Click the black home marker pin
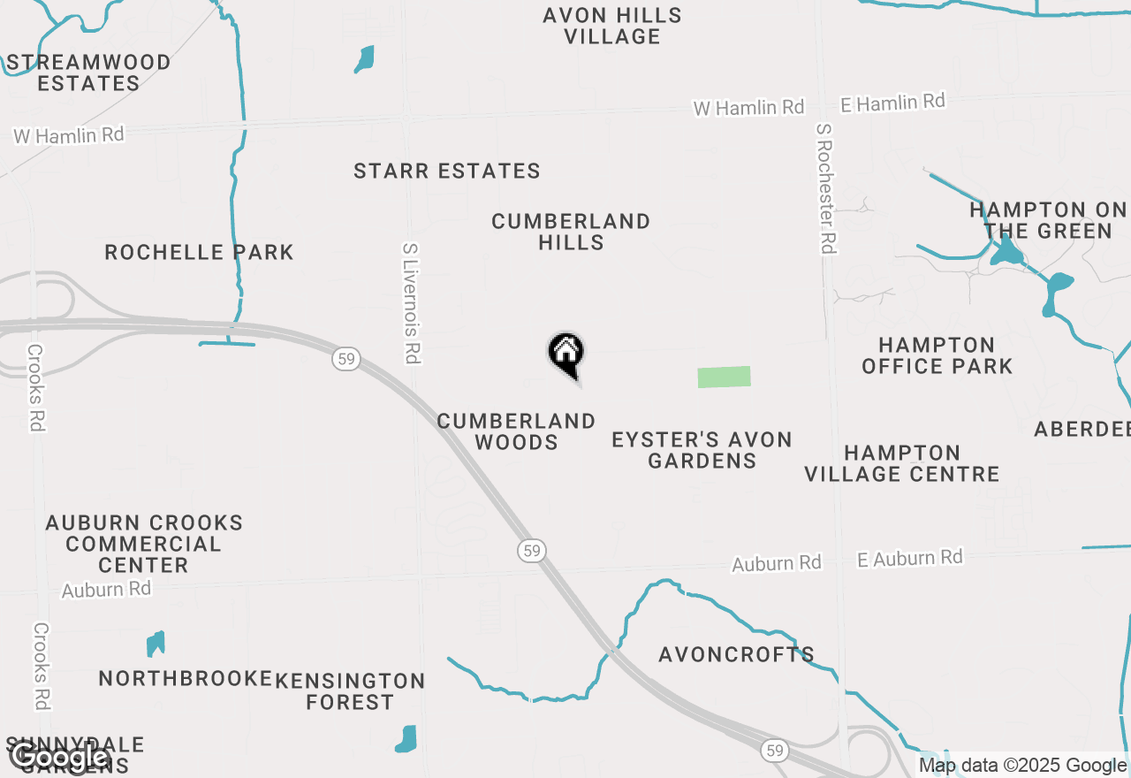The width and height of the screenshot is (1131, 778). [x=566, y=355]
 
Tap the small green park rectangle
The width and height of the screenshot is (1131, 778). [x=724, y=377]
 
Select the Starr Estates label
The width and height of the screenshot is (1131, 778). [x=447, y=171]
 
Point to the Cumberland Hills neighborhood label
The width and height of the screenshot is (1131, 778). [x=571, y=232]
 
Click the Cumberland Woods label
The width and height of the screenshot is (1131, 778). [x=516, y=431]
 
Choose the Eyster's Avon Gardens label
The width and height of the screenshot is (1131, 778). [x=702, y=450]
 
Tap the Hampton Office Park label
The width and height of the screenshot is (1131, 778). [x=937, y=355]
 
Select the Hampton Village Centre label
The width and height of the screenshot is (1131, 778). [x=901, y=463]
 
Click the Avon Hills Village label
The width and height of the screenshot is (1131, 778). [x=612, y=26]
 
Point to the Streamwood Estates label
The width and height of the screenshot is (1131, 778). [x=88, y=72]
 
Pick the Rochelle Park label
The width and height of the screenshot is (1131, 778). [x=199, y=253]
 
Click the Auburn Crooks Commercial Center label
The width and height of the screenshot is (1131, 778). [x=144, y=544]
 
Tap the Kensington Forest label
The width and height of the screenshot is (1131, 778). [x=350, y=691]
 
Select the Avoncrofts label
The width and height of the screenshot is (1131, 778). [x=736, y=655]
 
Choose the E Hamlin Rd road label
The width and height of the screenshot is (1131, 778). [x=892, y=103]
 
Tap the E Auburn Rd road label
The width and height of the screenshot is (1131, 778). [x=909, y=558]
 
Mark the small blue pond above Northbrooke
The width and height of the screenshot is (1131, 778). [x=156, y=644]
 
